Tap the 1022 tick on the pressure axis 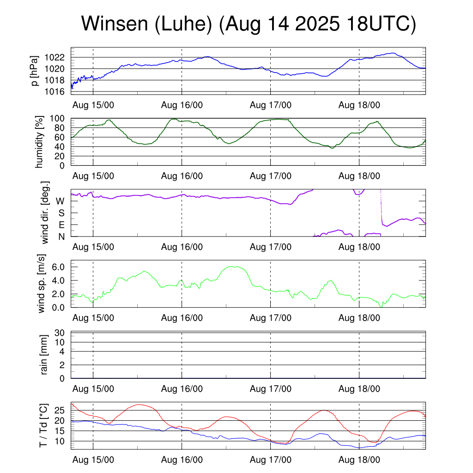click(56, 58)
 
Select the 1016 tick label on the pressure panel click(56, 91)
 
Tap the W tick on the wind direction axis click(60, 201)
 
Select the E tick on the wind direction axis click(61, 225)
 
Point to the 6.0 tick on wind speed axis click(58, 267)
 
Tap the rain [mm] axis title click(45, 355)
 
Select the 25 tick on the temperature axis click(60, 410)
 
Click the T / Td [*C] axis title click(43, 425)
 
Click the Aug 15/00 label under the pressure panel click(93, 105)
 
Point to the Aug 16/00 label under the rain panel click(182, 389)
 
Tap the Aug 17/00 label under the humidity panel click(271, 176)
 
